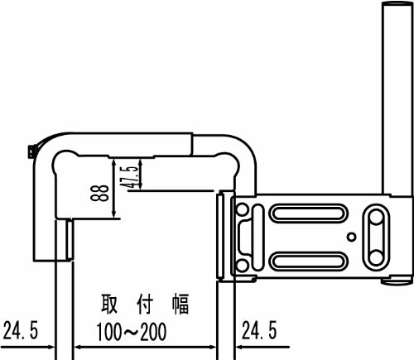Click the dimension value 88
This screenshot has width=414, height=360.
99,193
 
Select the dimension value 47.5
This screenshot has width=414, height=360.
129,177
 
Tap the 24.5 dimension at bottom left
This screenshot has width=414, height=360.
20,330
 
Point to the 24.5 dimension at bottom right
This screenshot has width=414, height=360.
259,330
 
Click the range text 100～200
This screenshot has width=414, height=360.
132,331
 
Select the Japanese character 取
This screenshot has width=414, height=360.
109,304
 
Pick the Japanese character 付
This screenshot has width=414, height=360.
145,304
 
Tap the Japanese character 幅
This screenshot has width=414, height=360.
181,304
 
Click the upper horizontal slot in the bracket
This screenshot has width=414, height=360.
309,214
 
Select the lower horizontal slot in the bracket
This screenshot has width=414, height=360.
309,261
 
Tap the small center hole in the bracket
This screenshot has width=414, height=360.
351,237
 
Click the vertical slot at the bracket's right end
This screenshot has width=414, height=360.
376,238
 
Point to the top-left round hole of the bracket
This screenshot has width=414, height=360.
242,209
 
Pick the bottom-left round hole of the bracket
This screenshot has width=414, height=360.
242,265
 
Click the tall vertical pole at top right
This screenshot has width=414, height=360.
397,98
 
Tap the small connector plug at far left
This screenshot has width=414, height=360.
31,152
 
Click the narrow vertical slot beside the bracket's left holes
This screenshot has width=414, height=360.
258,238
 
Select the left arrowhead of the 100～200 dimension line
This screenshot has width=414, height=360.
78,347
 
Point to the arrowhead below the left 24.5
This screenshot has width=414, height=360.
51,347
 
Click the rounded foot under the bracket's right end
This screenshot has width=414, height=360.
396,281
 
